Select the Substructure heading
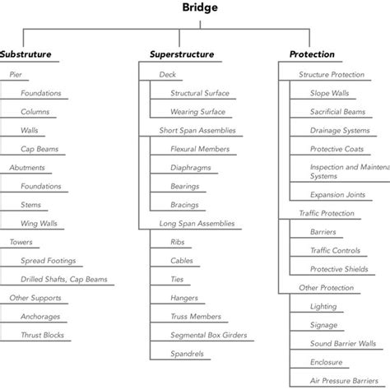(26, 54)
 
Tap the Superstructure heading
(182, 54)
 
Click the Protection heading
(312, 54)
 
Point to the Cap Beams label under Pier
(39, 149)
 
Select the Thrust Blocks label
(42, 335)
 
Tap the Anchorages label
(41, 316)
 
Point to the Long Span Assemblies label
(197, 223)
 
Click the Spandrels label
(187, 354)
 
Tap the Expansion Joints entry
(338, 195)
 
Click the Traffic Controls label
(335, 250)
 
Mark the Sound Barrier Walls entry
(343, 343)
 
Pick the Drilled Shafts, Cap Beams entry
(64, 279)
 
